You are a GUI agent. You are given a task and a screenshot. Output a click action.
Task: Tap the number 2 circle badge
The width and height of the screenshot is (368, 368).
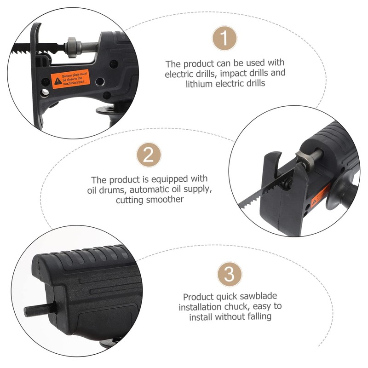point(149,155)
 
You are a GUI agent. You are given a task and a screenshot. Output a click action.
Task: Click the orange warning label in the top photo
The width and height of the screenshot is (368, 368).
point(69,78)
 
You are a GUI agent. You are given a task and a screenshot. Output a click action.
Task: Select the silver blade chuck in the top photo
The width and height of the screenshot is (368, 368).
point(74,46)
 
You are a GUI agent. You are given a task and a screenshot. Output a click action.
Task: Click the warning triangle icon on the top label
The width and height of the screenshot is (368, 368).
point(57,81)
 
